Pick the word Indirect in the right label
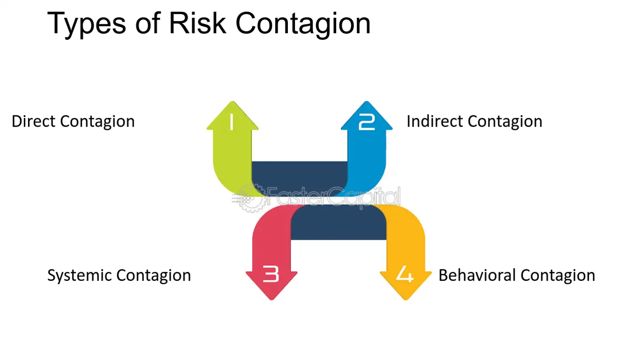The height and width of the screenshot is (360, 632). click(x=434, y=121)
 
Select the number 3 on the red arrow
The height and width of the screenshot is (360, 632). click(x=271, y=274)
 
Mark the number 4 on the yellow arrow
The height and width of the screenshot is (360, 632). click(x=405, y=274)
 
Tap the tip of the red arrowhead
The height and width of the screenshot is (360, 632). click(x=271, y=299)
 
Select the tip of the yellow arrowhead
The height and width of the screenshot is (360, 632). click(x=406, y=299)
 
